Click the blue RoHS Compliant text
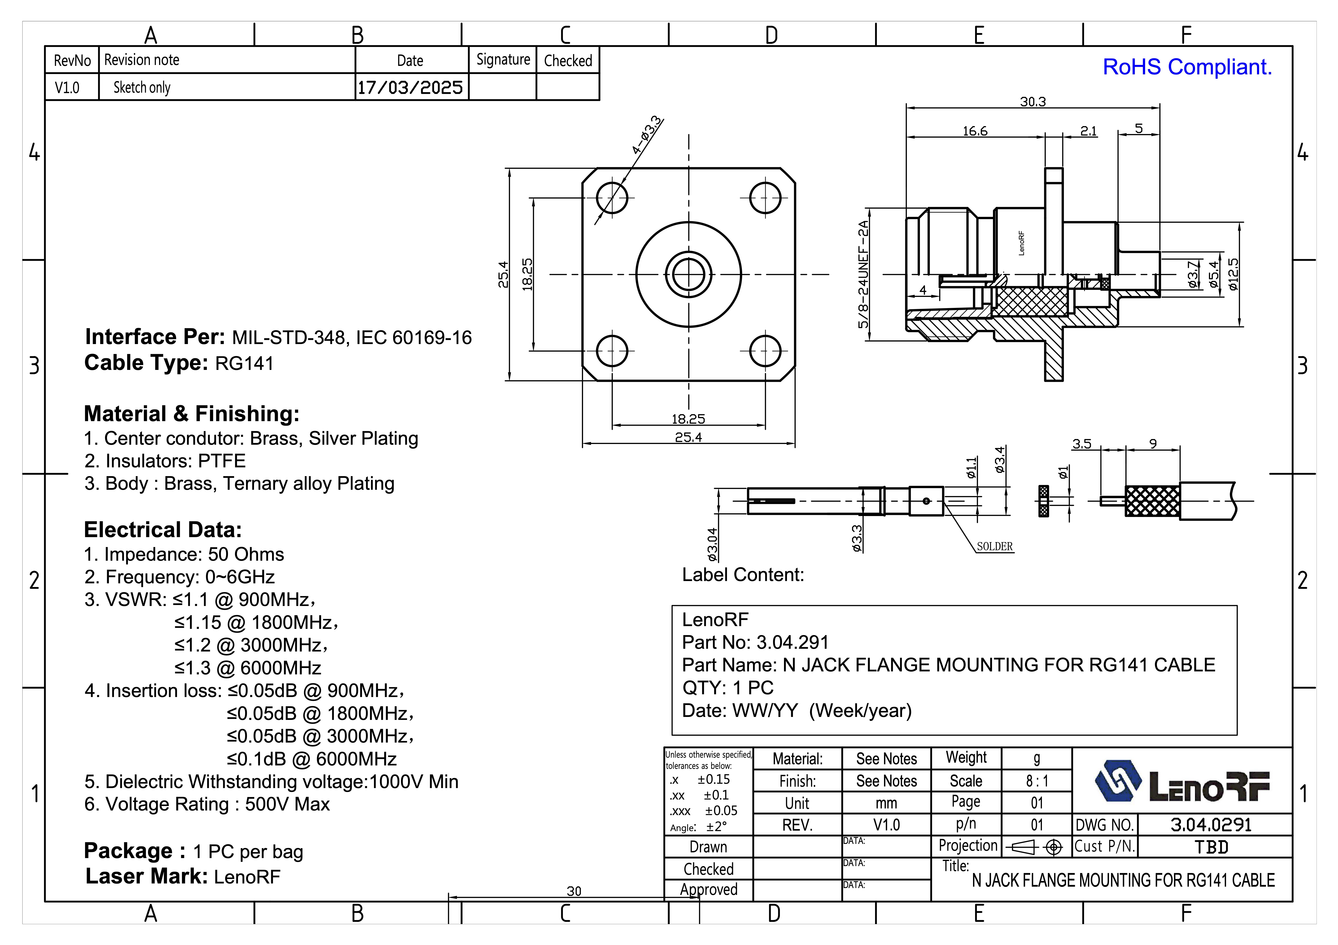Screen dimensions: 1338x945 [1187, 67]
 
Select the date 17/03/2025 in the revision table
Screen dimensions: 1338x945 [410, 87]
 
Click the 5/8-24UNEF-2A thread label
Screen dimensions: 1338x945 [863, 274]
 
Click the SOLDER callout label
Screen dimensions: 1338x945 [995, 547]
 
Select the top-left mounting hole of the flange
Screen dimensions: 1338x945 [612, 198]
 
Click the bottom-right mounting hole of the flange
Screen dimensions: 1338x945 [765, 351]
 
